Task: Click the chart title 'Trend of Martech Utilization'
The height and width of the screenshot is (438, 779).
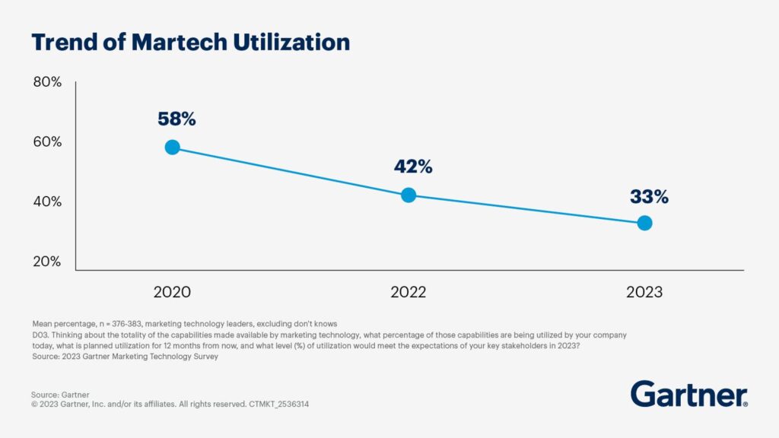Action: click(x=190, y=42)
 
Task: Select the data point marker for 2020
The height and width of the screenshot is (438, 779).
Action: click(x=173, y=148)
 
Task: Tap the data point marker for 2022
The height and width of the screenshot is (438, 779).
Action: click(x=409, y=195)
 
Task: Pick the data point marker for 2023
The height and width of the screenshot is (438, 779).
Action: click(x=644, y=223)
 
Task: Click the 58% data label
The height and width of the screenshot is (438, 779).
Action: click(x=176, y=119)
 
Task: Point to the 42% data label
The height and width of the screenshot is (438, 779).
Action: click(x=413, y=167)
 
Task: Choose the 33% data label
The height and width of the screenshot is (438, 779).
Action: click(x=649, y=197)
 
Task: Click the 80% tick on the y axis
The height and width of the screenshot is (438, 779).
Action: click(x=47, y=82)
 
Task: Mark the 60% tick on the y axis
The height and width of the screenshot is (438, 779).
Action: click(x=47, y=142)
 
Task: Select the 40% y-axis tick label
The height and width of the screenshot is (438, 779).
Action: click(x=47, y=202)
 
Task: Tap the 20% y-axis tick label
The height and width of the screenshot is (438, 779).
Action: click(x=47, y=262)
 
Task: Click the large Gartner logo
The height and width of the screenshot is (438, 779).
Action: click(x=688, y=394)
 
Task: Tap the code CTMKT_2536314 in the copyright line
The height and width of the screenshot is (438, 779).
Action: click(x=278, y=405)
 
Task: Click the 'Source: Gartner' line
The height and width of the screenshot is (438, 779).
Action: click(x=61, y=394)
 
